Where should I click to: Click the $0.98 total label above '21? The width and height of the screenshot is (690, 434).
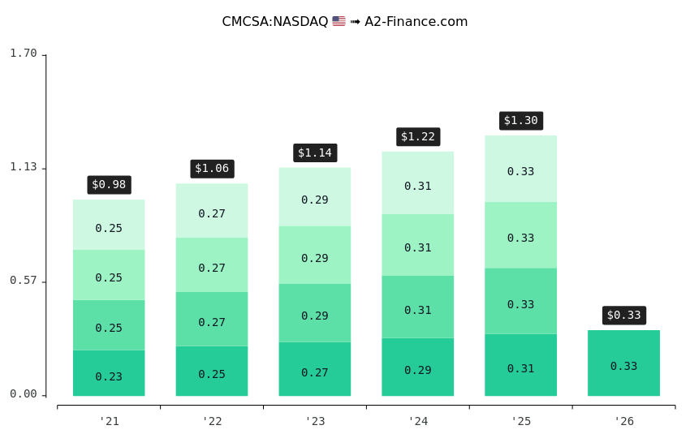[109, 185]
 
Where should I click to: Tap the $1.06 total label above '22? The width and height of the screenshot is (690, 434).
[212, 169]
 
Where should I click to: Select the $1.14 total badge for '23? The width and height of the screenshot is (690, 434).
[315, 153]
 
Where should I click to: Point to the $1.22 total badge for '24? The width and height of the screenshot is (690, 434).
[418, 136]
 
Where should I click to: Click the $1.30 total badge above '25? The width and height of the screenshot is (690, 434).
[520, 120]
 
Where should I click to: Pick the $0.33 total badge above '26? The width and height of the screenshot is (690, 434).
[623, 315]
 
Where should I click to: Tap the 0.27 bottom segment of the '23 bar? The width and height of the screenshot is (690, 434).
[315, 369]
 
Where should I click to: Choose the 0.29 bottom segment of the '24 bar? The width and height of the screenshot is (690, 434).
[418, 367]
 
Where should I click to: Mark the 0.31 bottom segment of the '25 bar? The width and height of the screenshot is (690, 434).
[520, 365]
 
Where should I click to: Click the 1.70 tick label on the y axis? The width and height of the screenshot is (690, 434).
[24, 54]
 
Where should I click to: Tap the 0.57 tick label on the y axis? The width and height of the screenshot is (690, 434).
[24, 281]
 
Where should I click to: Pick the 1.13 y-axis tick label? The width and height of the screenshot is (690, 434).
[24, 167]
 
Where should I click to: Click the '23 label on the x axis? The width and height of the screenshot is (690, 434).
[315, 421]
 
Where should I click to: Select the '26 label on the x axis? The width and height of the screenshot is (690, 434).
[623, 421]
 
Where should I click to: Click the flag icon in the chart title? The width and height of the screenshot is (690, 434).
[339, 22]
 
